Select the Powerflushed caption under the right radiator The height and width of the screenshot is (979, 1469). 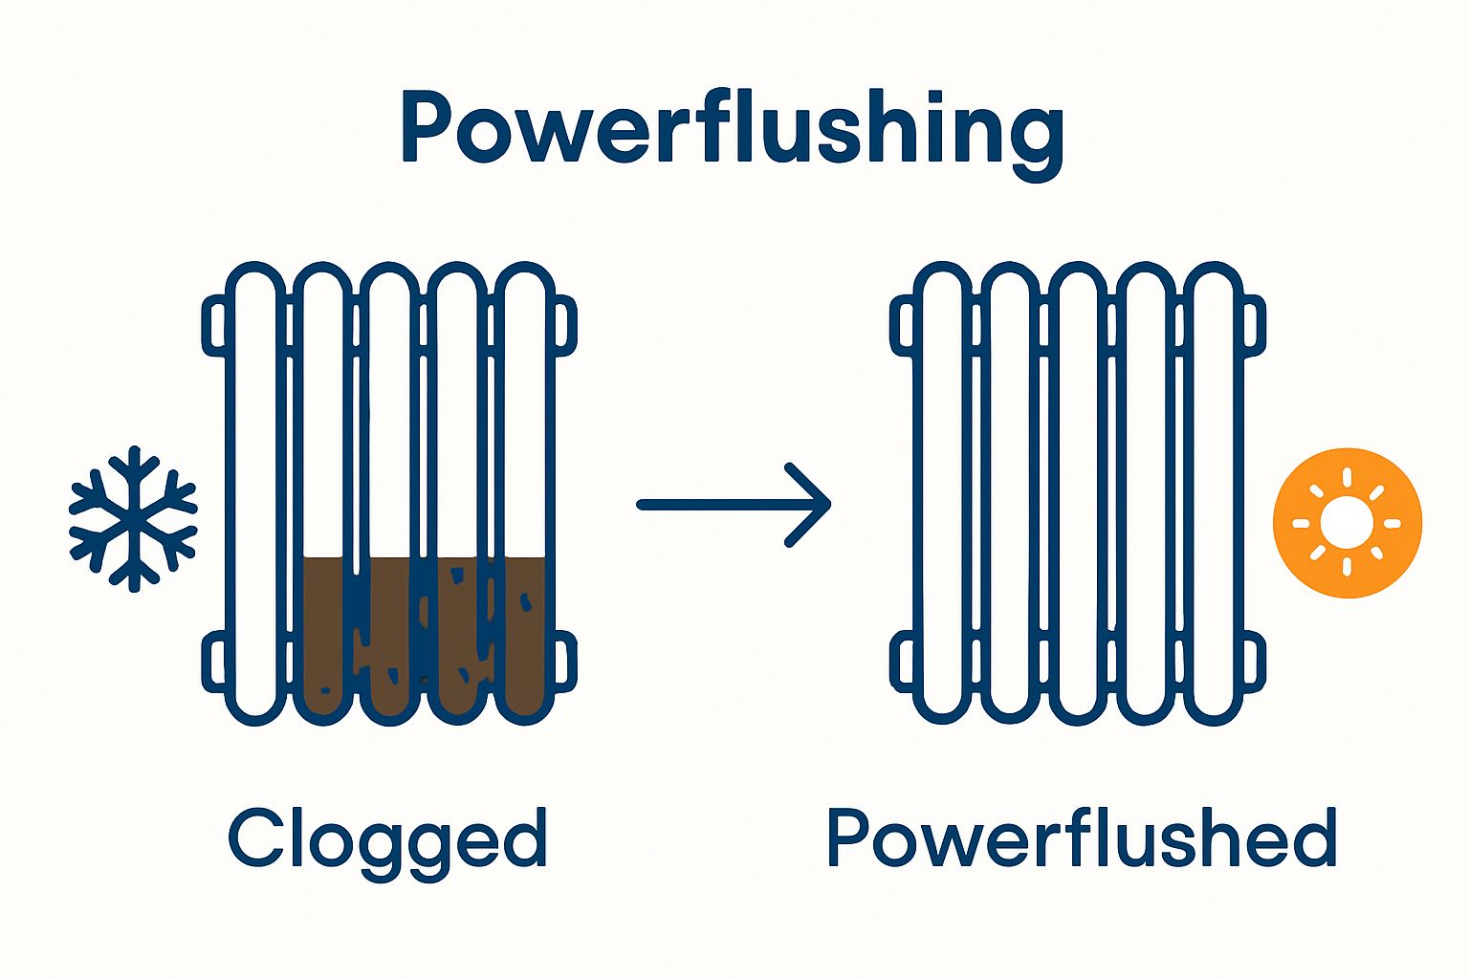coord(1081,838)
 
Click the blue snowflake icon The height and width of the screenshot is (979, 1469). coord(133,517)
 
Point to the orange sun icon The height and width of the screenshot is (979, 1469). coord(1347,523)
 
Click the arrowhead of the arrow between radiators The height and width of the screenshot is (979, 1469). coord(813,505)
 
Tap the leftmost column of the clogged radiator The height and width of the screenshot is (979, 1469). coord(255,478)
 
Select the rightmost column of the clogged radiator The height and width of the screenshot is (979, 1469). coord(525,478)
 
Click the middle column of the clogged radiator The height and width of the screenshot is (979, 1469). coord(390,478)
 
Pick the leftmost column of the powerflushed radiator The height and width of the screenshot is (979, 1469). coord(942,478)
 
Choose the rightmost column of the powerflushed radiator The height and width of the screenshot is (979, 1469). coord(1213,478)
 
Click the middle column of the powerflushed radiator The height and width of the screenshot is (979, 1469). coord(1078,478)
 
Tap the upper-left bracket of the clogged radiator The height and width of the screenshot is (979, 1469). coord(214,326)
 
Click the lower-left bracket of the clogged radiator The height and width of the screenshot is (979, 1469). coord(214,662)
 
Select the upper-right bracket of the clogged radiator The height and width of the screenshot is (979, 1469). coord(565,326)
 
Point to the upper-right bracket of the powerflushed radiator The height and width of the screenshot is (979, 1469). coord(1254,326)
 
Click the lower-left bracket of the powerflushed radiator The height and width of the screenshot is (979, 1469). coord(902,662)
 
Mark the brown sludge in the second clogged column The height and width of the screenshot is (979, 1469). coord(323,631)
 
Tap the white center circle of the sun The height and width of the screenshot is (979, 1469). coord(1347,523)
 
